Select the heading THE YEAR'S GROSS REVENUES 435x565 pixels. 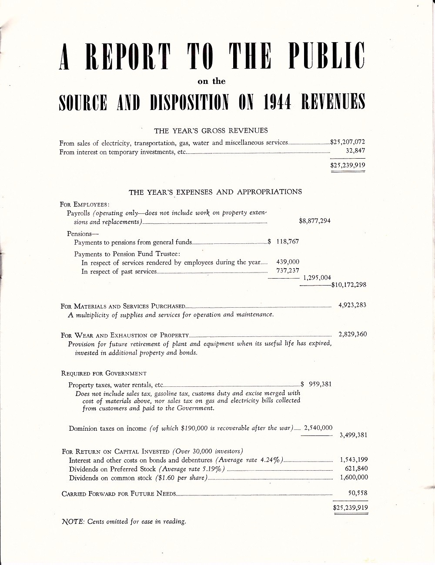pos(211,130)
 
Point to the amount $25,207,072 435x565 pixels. pos(348,142)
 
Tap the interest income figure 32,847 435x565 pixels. pos(355,151)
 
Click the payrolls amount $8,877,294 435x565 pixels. pos(315,221)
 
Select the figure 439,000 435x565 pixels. pos(288,262)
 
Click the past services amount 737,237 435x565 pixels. pos(288,271)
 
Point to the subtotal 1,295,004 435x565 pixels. pos(317,278)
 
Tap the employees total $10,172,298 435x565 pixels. pos(349,285)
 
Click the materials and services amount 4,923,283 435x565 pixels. pos(352,305)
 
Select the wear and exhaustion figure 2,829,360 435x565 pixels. pos(352,334)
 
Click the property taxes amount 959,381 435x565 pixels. pos(320,384)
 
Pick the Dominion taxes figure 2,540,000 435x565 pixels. pos(318,428)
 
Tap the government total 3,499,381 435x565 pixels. pos(353,435)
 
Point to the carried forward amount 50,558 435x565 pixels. pos(358,493)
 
